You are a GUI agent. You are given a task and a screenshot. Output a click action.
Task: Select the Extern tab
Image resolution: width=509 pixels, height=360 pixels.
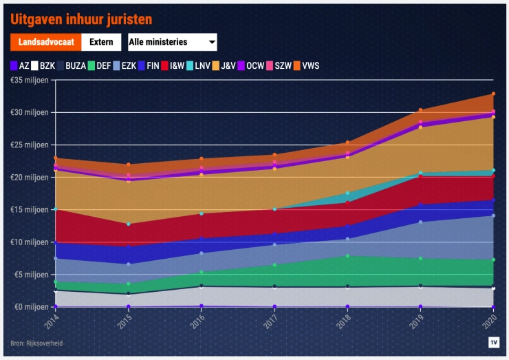point(102,42)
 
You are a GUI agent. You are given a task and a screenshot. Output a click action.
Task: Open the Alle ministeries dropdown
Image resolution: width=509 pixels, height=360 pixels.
point(173,42)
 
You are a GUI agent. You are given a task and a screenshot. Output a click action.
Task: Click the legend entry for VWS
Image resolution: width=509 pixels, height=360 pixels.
point(305,66)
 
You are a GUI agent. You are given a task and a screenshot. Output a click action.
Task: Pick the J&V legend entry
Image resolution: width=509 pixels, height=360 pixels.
point(224,66)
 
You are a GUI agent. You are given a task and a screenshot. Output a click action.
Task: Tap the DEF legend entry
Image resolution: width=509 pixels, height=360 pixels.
point(99,66)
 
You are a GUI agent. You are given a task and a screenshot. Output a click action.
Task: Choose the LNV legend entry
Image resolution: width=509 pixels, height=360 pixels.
point(197,66)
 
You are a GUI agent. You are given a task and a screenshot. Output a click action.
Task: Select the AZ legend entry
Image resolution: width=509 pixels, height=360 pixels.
point(20,66)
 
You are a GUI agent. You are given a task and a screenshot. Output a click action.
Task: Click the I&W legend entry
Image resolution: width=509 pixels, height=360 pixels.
point(171,66)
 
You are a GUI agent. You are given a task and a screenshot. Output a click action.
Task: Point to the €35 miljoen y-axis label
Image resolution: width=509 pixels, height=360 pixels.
point(30,80)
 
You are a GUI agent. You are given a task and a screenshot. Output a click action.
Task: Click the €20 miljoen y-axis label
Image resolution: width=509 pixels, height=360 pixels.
point(30,177)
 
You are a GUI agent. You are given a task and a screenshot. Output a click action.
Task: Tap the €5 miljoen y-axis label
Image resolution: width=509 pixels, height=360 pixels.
point(32,274)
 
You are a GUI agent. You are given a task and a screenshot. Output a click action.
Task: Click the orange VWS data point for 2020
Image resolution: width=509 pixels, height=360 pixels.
point(493,94)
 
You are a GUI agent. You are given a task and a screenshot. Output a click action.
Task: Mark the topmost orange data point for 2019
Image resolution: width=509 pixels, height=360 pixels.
point(420,110)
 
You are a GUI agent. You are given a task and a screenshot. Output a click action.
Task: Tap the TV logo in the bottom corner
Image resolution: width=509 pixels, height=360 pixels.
point(493,341)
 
